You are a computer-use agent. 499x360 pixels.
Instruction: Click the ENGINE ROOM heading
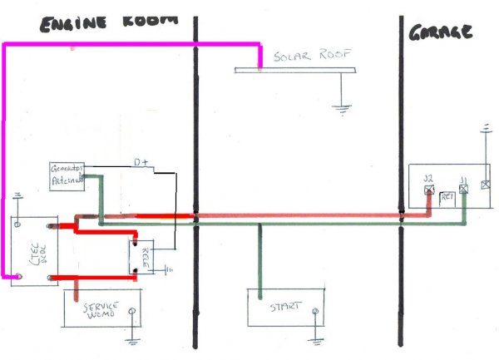(x=109, y=23)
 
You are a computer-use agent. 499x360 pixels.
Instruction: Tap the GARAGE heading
(x=441, y=32)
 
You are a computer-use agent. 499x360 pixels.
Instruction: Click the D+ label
(x=142, y=164)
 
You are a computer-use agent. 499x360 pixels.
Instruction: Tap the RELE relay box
(x=142, y=255)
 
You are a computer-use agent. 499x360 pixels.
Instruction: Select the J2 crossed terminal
(x=429, y=189)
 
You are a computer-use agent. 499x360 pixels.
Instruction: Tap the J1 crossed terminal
(x=464, y=189)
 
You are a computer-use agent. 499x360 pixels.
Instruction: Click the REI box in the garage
(x=447, y=196)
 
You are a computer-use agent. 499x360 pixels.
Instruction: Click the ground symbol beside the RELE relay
(x=169, y=269)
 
